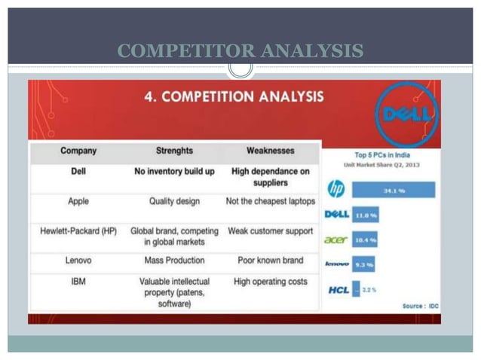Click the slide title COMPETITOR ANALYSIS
tap(240, 51)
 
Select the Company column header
tap(78, 151)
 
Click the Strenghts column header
tap(174, 151)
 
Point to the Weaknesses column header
tap(270, 151)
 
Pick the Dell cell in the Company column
tap(78, 172)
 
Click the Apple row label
tap(78, 202)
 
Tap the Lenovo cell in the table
tap(78, 261)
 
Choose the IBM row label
tap(78, 282)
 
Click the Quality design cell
tap(174, 202)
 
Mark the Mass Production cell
tap(174, 261)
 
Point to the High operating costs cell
tap(270, 282)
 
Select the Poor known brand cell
tap(270, 261)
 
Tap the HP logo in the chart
tap(336, 188)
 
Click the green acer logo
tap(335, 239)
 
